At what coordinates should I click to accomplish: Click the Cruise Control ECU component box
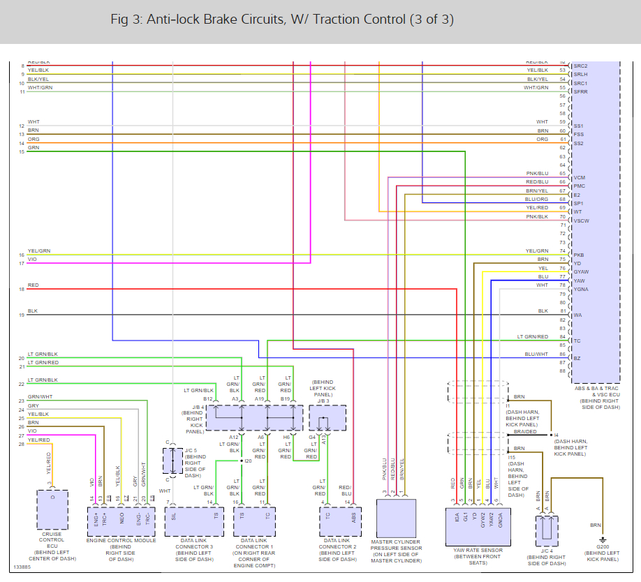[x=53, y=509]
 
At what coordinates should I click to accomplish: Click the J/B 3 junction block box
[x=327, y=417]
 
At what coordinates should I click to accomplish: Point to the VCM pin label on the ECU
[x=580, y=178]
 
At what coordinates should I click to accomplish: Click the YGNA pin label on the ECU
[x=581, y=289]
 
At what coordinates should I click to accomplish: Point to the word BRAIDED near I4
[x=526, y=431]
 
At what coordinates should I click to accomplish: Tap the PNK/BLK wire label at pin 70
[x=537, y=216]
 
